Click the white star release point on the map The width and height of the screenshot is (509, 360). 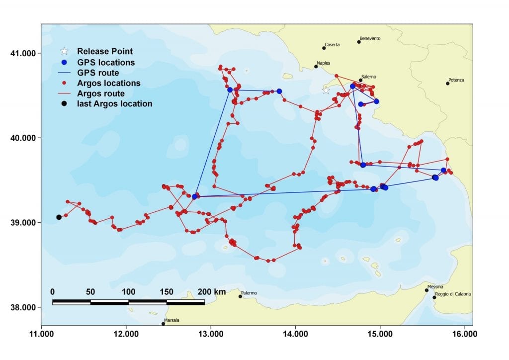point(326,90)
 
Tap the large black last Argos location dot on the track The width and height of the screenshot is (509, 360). point(59,217)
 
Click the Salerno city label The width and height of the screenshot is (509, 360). point(369,77)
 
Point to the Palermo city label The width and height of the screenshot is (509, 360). point(249,293)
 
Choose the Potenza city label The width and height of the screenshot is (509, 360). point(456,80)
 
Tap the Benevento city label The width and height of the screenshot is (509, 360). point(370,38)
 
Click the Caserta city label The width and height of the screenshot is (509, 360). point(332,45)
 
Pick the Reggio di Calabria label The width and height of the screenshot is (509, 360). point(453,294)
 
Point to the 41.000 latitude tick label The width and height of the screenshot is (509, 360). point(23,53)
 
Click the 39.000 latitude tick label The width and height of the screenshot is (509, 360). point(23,222)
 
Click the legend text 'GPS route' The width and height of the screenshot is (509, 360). point(98,73)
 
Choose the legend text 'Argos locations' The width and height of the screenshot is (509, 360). point(108,83)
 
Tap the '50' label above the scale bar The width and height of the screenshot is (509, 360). point(90,291)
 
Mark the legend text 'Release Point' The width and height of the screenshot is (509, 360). point(104,51)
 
